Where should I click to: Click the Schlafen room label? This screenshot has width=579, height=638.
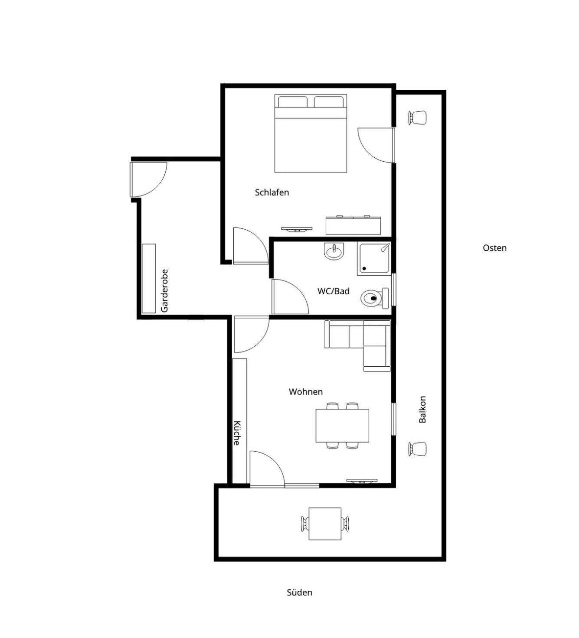272,192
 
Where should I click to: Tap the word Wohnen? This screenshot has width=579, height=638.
306,392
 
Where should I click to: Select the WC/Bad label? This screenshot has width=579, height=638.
333,291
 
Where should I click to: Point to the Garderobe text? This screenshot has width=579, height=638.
164,291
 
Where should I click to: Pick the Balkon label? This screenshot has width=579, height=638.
422,409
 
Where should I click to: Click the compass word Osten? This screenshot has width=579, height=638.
495,248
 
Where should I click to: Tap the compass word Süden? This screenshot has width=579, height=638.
300,592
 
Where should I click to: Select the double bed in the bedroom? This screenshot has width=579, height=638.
311,133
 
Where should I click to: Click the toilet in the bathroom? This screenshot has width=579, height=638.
375,298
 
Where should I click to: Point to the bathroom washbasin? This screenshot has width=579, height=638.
334,251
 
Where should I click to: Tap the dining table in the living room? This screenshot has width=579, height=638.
342,426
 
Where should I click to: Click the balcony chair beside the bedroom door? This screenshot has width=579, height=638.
417,118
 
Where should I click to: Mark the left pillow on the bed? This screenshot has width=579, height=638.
292,102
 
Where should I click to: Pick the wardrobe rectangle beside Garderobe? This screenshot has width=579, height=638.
149,279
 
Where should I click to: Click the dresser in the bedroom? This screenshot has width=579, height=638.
353,225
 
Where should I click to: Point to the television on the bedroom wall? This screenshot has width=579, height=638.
297,229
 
